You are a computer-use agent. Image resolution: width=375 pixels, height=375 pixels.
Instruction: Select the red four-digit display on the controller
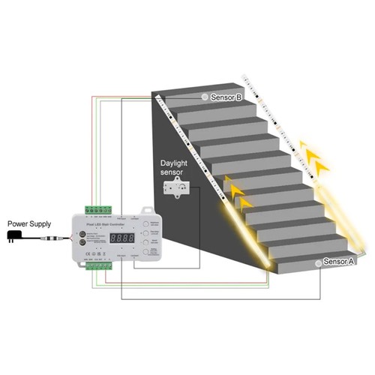pyautogui.click(x=123, y=237)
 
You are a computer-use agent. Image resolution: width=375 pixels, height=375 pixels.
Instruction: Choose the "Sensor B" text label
pyautogui.click(x=226, y=97)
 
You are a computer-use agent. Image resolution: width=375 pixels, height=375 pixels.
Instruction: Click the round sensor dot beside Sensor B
pyautogui.click(x=203, y=97)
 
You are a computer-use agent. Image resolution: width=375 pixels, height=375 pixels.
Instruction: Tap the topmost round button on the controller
pyautogui.click(x=146, y=223)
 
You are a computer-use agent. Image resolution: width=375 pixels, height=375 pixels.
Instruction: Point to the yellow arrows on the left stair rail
pyautogui.click(x=238, y=194)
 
